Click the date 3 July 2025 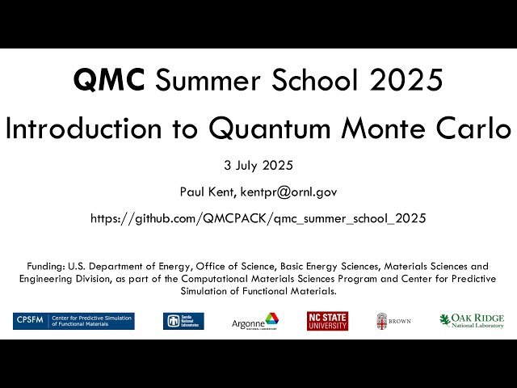(258, 166)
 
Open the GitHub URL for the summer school (258, 218)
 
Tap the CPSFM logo (74, 321)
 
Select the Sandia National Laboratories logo (183, 321)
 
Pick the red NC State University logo (327, 321)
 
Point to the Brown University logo (393, 321)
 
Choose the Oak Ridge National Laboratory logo (472, 321)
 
